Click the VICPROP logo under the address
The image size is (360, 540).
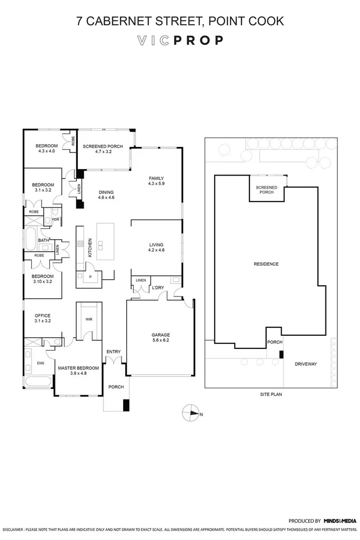tap(180, 40)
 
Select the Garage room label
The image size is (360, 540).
tap(160, 335)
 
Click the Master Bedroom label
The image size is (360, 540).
tap(78, 368)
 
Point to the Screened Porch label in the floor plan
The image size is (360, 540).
tap(103, 146)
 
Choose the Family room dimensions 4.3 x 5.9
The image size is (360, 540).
tap(156, 184)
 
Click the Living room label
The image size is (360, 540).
tap(156, 245)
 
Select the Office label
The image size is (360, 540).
tap(42, 315)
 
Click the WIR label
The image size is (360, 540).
tap(89, 319)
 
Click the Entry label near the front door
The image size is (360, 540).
tap(113, 352)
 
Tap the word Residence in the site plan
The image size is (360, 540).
tap(266, 264)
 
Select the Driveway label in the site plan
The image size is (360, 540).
tap(305, 364)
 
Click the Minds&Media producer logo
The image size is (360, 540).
tap(339, 521)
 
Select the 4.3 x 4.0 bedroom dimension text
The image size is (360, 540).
tap(47, 151)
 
